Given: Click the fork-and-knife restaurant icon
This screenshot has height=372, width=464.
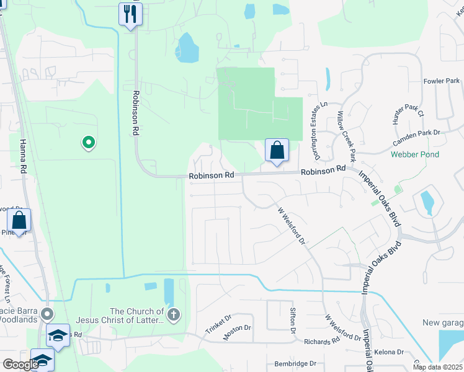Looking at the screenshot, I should [x=130, y=14].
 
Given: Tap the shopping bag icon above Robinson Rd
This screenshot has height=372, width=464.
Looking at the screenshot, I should [x=277, y=149].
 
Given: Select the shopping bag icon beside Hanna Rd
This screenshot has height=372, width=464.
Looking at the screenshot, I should [x=19, y=220].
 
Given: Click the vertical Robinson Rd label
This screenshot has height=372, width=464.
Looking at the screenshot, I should [x=134, y=114].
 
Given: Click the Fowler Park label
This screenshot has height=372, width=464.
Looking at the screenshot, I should [x=441, y=81].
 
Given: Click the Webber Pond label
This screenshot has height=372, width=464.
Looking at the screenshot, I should [x=415, y=154].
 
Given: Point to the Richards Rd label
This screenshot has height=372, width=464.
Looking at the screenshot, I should [x=321, y=341].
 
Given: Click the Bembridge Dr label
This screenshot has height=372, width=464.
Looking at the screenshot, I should [x=295, y=363].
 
